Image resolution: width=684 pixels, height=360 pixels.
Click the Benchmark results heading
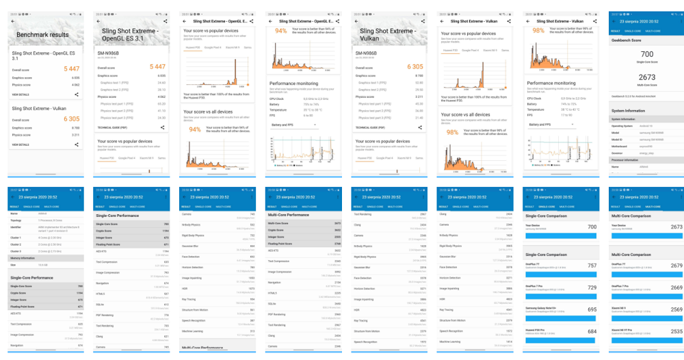[42, 34]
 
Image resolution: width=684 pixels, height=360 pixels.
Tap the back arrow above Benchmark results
[12, 21]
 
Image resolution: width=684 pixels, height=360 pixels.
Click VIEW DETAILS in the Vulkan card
[20, 144]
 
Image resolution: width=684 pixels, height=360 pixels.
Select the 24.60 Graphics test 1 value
[161, 82]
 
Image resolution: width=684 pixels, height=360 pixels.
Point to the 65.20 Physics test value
[161, 103]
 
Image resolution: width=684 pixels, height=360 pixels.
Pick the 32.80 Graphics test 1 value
[419, 82]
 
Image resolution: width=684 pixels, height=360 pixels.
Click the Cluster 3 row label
[16, 251]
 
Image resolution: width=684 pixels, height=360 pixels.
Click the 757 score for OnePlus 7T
[592, 266]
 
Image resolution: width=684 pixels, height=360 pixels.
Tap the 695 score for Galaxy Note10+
[592, 309]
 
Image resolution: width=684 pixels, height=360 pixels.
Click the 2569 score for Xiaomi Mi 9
[676, 309]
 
